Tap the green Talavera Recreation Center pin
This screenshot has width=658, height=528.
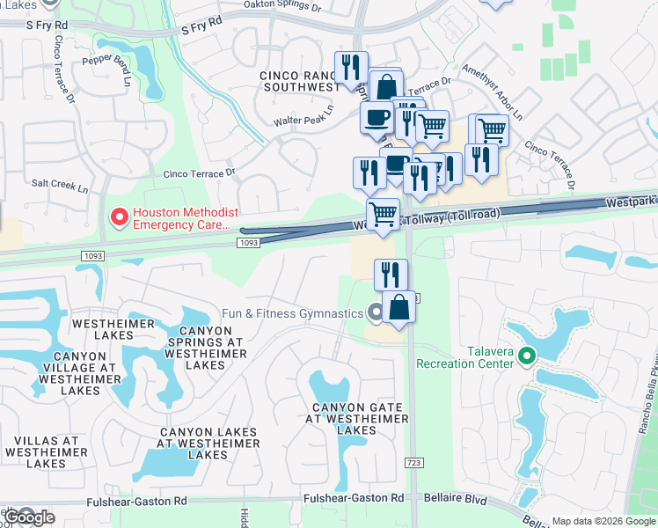click(x=527, y=356)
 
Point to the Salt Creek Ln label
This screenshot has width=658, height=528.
click(x=60, y=188)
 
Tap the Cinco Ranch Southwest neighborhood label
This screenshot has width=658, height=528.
click(x=300, y=82)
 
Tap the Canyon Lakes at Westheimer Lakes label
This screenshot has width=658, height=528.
click(x=209, y=444)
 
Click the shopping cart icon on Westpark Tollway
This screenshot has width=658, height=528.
click(x=383, y=214)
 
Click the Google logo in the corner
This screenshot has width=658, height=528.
click(x=28, y=517)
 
